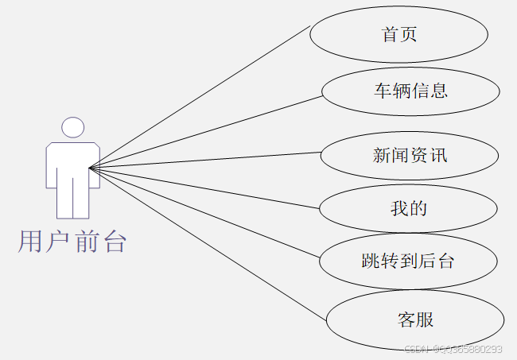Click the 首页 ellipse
pyautogui.click(x=398, y=34)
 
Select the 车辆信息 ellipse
pyautogui.click(x=410, y=91)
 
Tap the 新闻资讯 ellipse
pyautogui.click(x=410, y=155)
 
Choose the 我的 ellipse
pyautogui.click(x=408, y=209)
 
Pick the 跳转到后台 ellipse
pyautogui.click(x=407, y=261)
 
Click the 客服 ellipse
pyautogui.click(x=415, y=320)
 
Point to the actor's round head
pyautogui.click(x=73, y=127)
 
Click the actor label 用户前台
pyautogui.click(x=72, y=241)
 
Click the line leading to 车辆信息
pyautogui.click(x=207, y=132)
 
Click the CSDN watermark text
pyautogui.click(x=453, y=349)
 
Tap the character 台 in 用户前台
pyautogui.click(x=115, y=241)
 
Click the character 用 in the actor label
pyautogui.click(x=30, y=241)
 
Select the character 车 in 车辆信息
pyautogui.click(x=383, y=91)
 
